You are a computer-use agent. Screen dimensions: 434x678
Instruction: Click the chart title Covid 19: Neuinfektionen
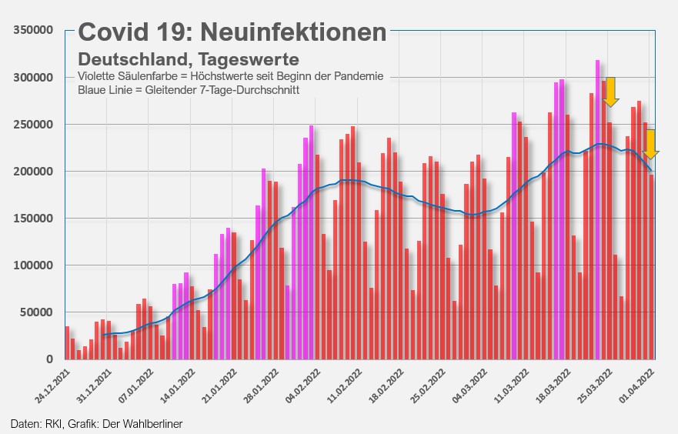pyautogui.click(x=232, y=32)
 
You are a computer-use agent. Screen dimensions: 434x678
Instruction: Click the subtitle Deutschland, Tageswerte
pyautogui.click(x=189, y=59)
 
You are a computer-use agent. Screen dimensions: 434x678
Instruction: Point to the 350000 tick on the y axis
pyautogui.click(x=33, y=30)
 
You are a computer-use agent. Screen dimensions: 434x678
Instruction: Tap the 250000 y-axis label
pyautogui.click(x=33, y=125)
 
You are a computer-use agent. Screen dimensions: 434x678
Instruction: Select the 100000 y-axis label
pyautogui.click(x=33, y=265)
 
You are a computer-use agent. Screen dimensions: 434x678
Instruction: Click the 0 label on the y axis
pyautogui.click(x=49, y=359)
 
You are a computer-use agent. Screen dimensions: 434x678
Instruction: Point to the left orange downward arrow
pyautogui.click(x=611, y=92)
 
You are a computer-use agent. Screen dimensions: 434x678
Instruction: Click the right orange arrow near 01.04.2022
pyautogui.click(x=651, y=145)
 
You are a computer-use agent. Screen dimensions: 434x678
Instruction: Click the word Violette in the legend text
pyautogui.click(x=98, y=76)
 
